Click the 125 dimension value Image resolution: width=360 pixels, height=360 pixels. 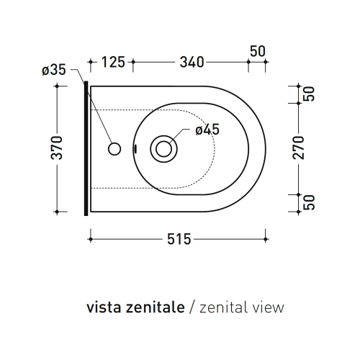pos(114,62)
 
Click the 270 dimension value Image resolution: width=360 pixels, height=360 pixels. pos(300,148)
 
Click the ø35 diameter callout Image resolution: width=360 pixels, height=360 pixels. pos(53,70)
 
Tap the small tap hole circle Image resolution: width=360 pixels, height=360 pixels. pos(113,149)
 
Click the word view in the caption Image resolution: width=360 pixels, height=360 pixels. pos(269,307)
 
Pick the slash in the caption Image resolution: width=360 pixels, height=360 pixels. pos(192,307)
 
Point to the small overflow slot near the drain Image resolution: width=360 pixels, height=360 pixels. pos(135,149)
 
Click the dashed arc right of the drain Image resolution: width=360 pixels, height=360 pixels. pos(215,149)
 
